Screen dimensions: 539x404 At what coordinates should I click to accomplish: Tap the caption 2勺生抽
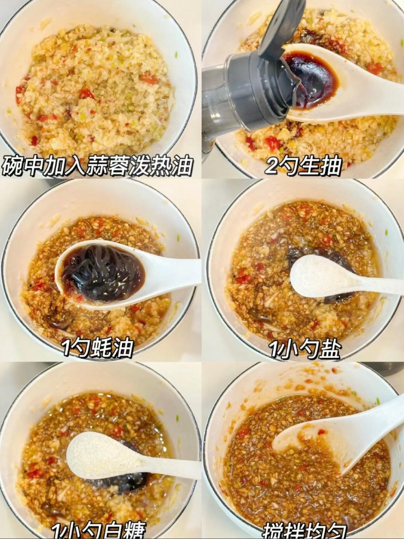[303, 166]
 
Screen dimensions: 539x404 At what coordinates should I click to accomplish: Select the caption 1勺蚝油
[98, 348]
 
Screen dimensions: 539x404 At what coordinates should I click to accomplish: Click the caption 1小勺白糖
[98, 531]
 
